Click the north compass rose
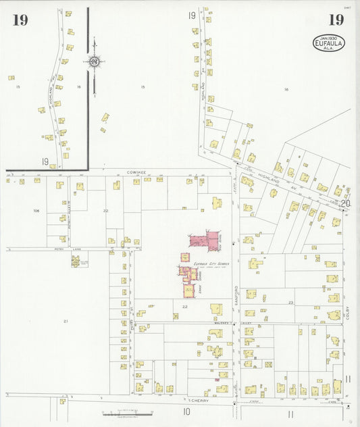(x=94, y=62)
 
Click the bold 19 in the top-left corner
(x=20, y=20)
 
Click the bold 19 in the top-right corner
(x=334, y=19)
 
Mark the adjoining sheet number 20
(x=346, y=203)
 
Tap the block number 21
(x=66, y=320)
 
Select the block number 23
(x=291, y=302)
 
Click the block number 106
(x=36, y=211)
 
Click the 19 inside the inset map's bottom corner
(x=45, y=161)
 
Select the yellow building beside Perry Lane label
(x=75, y=260)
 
